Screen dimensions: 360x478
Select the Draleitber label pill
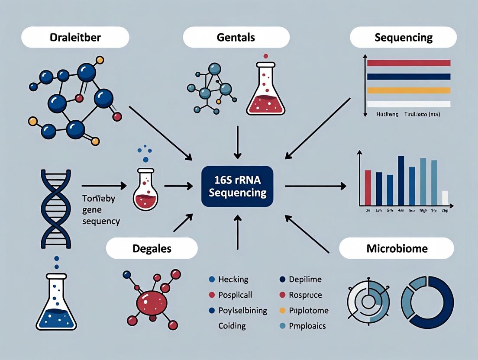[75, 37]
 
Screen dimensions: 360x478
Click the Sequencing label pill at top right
[403, 37]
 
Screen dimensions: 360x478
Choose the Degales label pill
[152, 249]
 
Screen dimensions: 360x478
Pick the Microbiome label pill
[396, 248]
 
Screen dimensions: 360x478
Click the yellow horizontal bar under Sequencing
[408, 90]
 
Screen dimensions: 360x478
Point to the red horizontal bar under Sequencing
[408, 63]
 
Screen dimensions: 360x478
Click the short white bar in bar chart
[445, 198]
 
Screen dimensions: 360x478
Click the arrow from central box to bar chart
[315, 186]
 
